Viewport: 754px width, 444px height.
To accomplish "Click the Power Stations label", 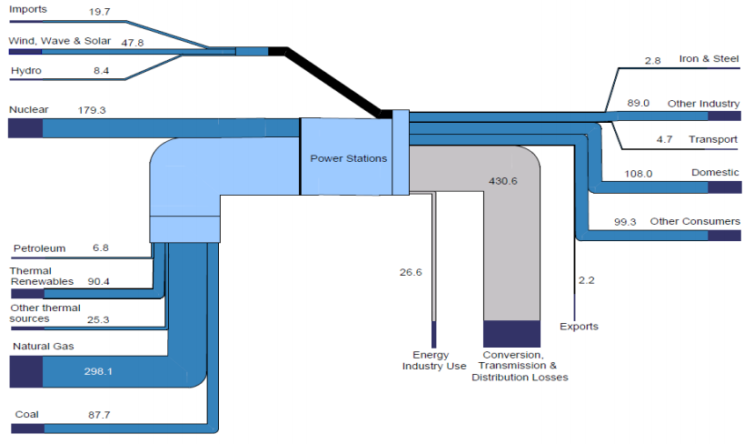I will tap(348, 158).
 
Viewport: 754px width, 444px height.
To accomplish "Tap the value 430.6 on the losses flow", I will tap(502, 181).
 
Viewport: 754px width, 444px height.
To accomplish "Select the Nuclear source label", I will tap(28, 109).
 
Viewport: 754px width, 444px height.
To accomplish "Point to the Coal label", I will tap(26, 415).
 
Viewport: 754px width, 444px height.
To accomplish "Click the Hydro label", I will tap(25, 70).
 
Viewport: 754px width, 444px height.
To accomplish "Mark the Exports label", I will tap(579, 327).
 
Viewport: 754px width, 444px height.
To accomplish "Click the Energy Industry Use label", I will tap(434, 360).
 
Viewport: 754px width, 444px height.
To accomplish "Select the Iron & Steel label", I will tap(709, 59).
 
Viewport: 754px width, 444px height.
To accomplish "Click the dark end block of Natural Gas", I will tap(25, 371).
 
